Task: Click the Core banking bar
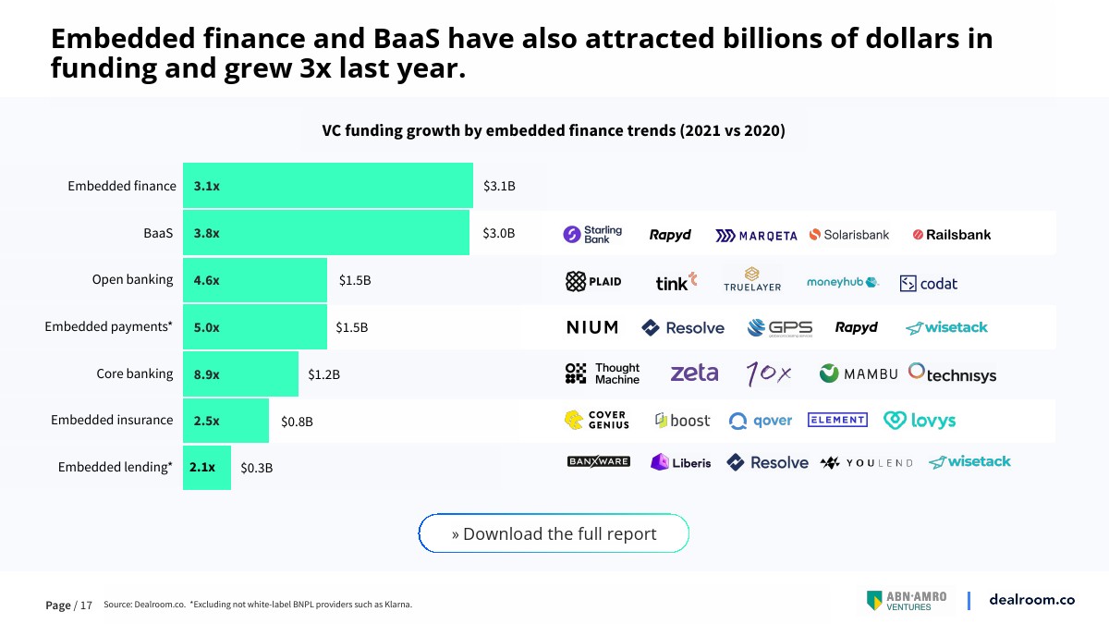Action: coord(240,374)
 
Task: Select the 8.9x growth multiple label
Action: coord(206,374)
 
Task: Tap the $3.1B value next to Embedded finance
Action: coord(499,186)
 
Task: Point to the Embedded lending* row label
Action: coord(115,467)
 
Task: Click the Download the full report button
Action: coord(554,533)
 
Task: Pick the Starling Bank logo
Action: coord(593,235)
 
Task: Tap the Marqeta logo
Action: coord(756,236)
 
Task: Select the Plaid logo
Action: coord(593,281)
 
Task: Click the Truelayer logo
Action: coord(752,279)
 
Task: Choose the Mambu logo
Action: coord(859,373)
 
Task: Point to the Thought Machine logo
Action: coord(603,373)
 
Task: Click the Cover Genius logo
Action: coord(597,420)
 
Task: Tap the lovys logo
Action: coord(920,421)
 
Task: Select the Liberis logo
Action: coord(681,462)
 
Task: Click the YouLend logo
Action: coord(866,462)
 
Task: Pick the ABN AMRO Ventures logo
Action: coord(907,601)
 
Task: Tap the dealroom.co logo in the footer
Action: coord(1031,599)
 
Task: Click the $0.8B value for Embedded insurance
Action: coord(297,422)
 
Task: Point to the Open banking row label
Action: coord(132,279)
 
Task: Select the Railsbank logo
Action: coord(951,235)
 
